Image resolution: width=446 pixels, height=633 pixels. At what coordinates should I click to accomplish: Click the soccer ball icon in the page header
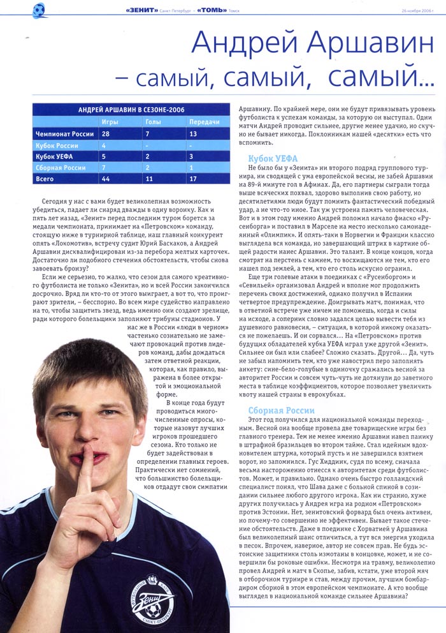pyautogui.click(x=39, y=10)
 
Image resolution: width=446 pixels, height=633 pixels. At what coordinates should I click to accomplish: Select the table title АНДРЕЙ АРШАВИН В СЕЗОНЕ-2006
pyautogui.click(x=131, y=110)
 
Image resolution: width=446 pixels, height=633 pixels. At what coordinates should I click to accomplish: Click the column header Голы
pyautogui.click(x=153, y=122)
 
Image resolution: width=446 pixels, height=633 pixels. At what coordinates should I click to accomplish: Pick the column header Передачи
pyautogui.click(x=204, y=122)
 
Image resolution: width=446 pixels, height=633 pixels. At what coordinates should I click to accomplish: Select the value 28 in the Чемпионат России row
pyautogui.click(x=106, y=133)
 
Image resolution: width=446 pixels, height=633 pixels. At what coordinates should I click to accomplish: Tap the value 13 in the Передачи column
pyautogui.click(x=192, y=133)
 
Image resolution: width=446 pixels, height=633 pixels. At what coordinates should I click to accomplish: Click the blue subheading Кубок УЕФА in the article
pyautogui.click(x=273, y=158)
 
